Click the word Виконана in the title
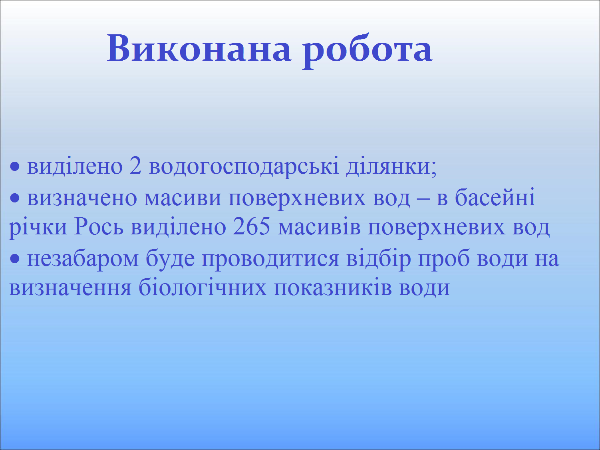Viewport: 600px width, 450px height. [199, 48]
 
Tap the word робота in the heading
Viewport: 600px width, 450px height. [368, 51]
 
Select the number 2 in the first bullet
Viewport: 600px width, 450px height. [135, 166]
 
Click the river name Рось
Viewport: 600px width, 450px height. [99, 226]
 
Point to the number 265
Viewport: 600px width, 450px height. [252, 226]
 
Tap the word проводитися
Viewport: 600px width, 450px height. [270, 259]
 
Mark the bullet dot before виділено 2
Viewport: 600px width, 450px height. [14, 167]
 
